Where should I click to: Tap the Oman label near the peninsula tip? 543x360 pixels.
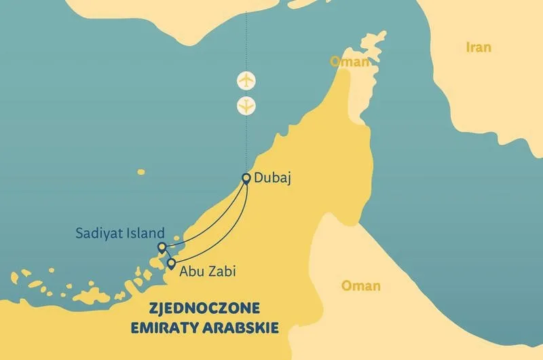click(350, 62)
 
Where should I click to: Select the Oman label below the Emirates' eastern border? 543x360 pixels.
click(360, 286)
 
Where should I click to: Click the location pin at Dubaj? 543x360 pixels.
click(246, 179)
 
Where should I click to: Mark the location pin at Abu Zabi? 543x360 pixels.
click(171, 264)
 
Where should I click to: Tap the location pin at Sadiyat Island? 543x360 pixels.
click(162, 247)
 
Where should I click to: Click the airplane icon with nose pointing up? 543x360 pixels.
click(246, 81)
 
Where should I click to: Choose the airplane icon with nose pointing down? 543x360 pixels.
click(246, 106)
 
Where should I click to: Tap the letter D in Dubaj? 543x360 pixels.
click(259, 179)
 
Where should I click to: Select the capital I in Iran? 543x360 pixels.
click(467, 48)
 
